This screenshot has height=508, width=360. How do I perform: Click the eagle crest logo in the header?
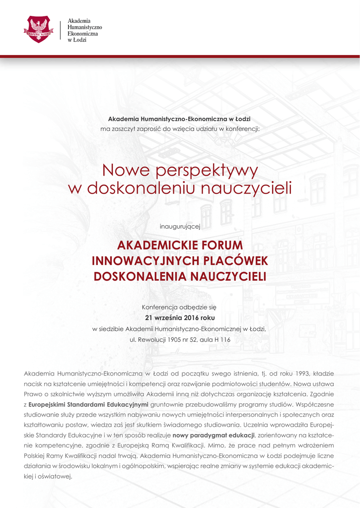pyautogui.click(x=39, y=29)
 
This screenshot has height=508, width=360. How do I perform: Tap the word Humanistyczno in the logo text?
pyautogui.click(x=84, y=26)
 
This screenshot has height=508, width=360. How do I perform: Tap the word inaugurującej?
pyautogui.click(x=179, y=226)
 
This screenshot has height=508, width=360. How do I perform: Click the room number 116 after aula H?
pyautogui.click(x=224, y=340)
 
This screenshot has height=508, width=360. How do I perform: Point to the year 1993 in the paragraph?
pyautogui.click(x=303, y=373)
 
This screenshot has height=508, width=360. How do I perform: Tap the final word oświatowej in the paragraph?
pyautogui.click(x=54, y=477)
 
